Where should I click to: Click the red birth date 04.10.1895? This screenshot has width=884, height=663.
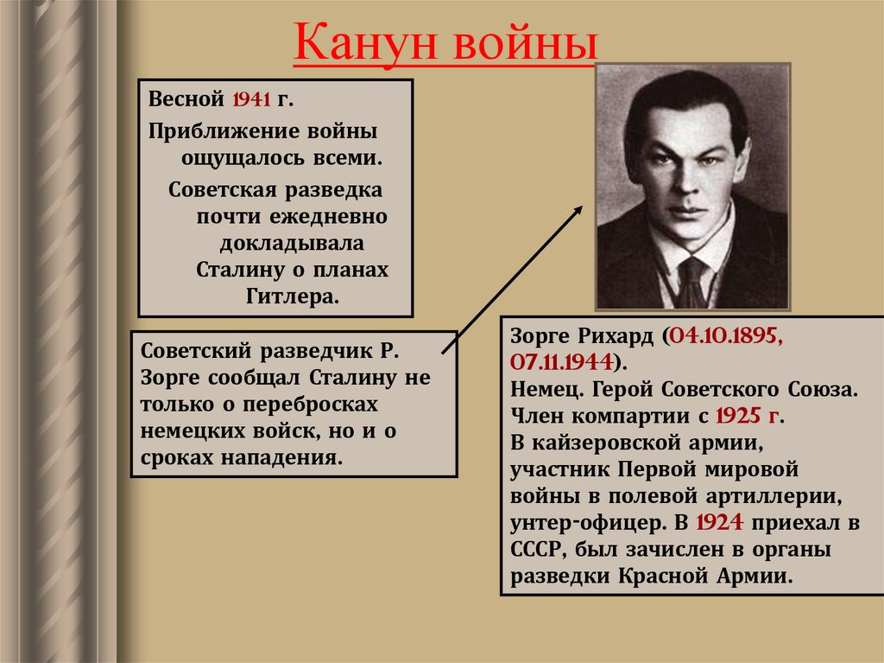coord(724,335)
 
